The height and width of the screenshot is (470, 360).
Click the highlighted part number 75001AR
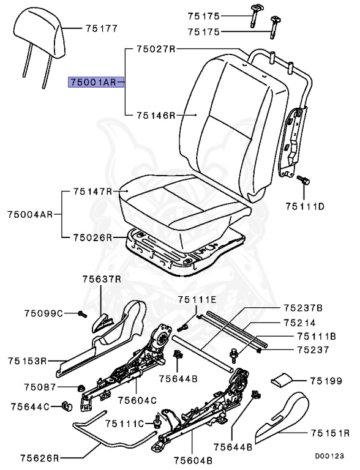[x=92, y=81]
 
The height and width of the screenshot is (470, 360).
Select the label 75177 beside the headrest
[x=102, y=28]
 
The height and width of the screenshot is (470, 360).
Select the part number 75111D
[x=304, y=207]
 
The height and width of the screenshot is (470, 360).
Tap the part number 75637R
[x=102, y=279]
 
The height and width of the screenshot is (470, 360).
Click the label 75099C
[x=44, y=313]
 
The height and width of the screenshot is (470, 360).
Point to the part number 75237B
[x=302, y=307]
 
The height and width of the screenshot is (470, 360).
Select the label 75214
[x=299, y=322]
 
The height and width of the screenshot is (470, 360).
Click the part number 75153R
[x=28, y=360]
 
